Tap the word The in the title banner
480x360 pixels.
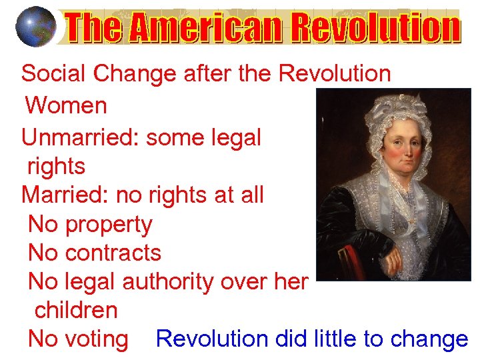[x=94, y=29]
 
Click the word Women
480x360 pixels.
[x=66, y=105]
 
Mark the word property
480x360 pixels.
[x=109, y=225]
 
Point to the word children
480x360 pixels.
[x=76, y=310]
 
